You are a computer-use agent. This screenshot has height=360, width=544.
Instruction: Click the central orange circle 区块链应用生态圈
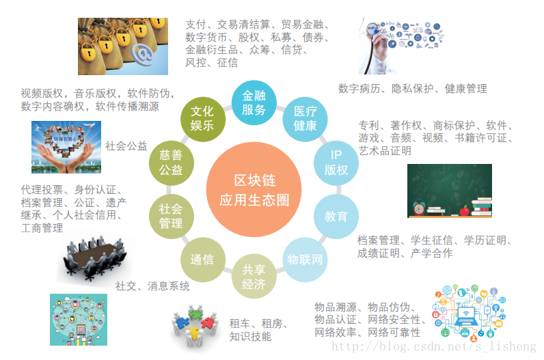254,190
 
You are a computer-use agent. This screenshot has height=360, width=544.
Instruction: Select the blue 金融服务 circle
254,103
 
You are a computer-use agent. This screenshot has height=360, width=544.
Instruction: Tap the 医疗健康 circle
305,118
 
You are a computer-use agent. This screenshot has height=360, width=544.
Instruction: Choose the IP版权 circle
336,162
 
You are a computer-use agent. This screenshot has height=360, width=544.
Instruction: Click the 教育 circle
336,216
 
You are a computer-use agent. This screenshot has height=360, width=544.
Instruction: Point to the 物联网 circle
305,260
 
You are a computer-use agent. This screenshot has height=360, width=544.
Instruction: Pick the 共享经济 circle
254,276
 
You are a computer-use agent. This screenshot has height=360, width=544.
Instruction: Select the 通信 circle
202,260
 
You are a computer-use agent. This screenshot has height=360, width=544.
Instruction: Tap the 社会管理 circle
171,216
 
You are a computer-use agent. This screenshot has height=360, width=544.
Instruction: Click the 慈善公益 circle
171,163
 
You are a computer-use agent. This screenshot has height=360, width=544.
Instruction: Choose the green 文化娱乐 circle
202,118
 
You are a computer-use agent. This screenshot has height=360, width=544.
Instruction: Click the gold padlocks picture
123,46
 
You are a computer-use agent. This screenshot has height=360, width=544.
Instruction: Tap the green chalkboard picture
450,191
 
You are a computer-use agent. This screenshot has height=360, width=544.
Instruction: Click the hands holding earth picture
66,146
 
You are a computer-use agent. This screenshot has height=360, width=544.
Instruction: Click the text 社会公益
126,146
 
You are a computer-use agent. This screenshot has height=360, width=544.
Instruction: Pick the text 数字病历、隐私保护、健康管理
412,89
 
